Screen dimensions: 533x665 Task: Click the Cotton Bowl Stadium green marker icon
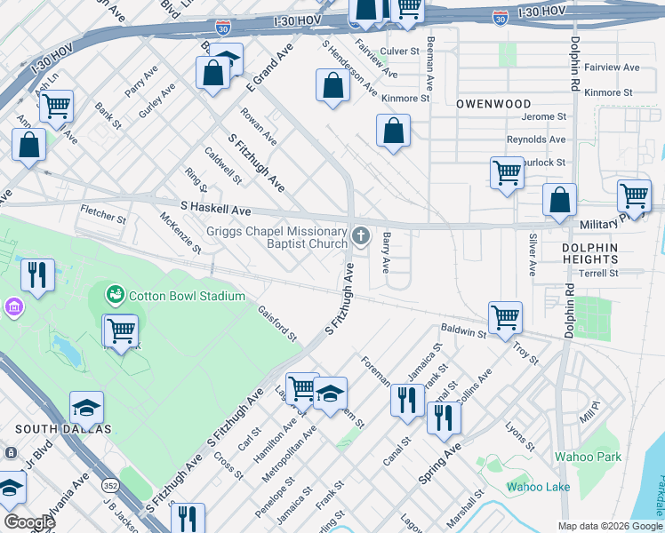114,294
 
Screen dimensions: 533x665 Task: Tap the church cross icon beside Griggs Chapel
361,235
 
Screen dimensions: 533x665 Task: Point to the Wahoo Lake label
538,486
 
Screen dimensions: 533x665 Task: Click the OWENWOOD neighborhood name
493,104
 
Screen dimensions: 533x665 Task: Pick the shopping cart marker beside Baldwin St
505,316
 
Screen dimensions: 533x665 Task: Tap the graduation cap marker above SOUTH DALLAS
87,406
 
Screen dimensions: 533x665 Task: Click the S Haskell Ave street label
216,210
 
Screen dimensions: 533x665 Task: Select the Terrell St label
598,274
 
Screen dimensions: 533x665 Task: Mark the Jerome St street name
543,116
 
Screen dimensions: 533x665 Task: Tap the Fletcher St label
103,215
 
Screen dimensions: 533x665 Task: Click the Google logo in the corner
28,521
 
